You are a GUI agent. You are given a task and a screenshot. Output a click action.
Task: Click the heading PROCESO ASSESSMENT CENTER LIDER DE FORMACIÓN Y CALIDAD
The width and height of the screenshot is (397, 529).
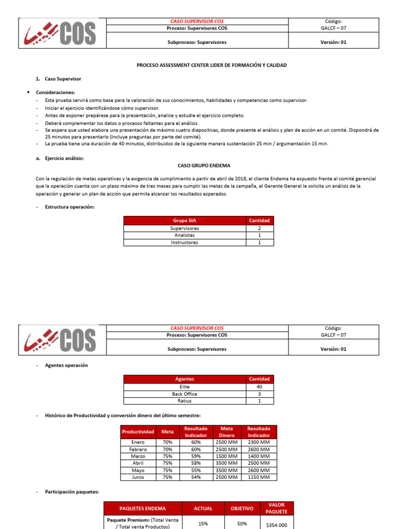(x=211, y=65)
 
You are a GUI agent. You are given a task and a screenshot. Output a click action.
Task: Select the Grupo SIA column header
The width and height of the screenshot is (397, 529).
(x=185, y=221)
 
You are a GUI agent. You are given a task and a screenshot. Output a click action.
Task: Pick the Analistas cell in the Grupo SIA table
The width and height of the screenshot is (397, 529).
(x=185, y=235)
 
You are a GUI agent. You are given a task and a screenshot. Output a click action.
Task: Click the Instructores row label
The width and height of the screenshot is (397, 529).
(x=185, y=242)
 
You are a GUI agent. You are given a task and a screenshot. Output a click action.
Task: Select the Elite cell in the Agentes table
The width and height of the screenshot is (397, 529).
(x=185, y=386)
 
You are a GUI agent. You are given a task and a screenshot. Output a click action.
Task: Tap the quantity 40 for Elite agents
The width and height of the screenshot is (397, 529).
(x=259, y=386)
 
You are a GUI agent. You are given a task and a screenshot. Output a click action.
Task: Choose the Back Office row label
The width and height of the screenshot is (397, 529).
(x=185, y=394)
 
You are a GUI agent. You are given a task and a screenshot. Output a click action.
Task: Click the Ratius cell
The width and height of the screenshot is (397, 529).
(x=185, y=401)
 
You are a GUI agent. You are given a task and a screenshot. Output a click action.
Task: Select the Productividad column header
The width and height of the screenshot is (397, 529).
(x=138, y=432)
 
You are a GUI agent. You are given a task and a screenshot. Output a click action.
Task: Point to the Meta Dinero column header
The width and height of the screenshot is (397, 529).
(x=226, y=432)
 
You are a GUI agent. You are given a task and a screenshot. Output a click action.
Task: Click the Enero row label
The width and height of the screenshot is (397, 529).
(x=138, y=442)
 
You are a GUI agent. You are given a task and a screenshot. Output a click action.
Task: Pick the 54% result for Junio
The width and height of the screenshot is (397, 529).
(x=196, y=477)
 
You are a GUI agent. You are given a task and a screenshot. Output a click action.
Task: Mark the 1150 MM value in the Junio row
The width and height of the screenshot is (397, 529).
(x=258, y=477)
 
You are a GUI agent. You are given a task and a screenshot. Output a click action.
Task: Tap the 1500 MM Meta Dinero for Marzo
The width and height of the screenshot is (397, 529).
(x=226, y=456)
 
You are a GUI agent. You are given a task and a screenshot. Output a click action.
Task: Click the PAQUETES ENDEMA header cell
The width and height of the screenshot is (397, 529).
(x=143, y=508)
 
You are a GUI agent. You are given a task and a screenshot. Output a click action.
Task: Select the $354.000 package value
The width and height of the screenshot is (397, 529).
(x=277, y=524)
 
